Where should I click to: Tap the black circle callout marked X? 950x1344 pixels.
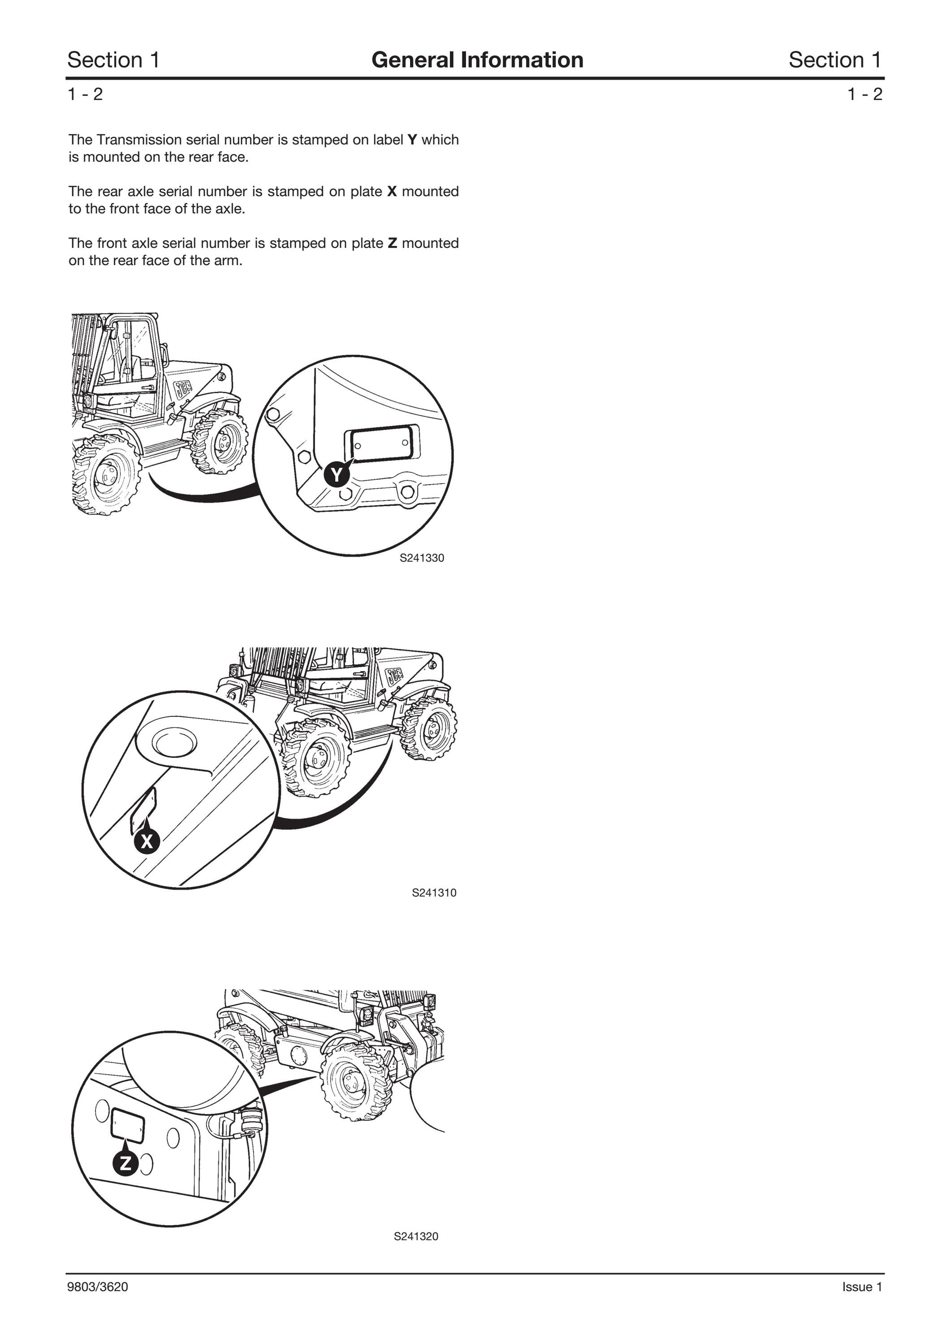(x=147, y=842)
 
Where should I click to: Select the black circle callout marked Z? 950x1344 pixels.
(x=125, y=1163)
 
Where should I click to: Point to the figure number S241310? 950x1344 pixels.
(x=434, y=893)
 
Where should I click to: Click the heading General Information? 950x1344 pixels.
(x=477, y=60)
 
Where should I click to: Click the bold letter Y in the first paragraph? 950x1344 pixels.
(x=412, y=140)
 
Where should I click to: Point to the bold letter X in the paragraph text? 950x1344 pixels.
(x=392, y=191)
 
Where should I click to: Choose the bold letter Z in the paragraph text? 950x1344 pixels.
(x=392, y=243)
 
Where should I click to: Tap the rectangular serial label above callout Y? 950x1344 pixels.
(x=381, y=444)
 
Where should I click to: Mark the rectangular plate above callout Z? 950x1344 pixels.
(x=128, y=1124)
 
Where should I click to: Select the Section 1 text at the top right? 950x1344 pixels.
(x=835, y=60)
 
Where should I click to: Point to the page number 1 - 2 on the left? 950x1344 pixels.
(x=86, y=94)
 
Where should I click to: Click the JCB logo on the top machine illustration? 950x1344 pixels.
(x=184, y=387)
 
